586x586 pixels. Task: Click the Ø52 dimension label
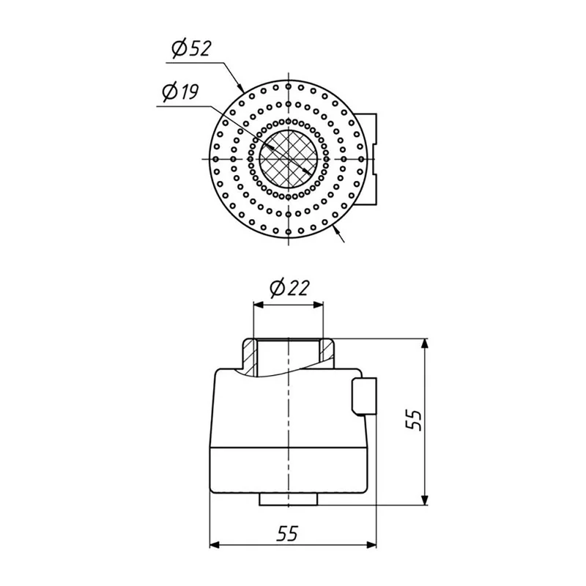click(191, 49)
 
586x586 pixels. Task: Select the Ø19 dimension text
click(180, 92)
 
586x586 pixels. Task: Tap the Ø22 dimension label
click(289, 288)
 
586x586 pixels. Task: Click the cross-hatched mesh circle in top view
click(288, 159)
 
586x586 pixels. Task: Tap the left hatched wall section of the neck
click(249, 357)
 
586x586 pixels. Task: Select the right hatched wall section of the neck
click(327, 351)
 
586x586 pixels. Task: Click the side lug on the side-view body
click(364, 396)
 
